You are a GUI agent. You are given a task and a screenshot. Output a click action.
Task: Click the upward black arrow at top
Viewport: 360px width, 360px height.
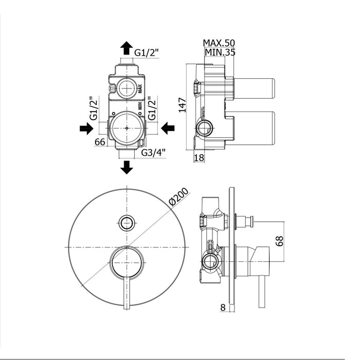126,49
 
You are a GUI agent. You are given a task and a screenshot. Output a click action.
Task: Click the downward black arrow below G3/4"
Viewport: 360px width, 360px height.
126,167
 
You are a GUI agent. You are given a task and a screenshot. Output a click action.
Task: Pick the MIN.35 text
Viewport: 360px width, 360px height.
219,51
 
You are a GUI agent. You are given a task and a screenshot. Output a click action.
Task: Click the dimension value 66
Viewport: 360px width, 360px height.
100,142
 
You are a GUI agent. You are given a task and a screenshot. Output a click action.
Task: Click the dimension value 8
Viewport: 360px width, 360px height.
222,308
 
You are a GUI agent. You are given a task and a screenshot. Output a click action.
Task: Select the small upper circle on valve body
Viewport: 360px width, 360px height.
126,88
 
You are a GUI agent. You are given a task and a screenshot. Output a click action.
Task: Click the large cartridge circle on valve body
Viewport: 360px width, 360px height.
126,128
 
